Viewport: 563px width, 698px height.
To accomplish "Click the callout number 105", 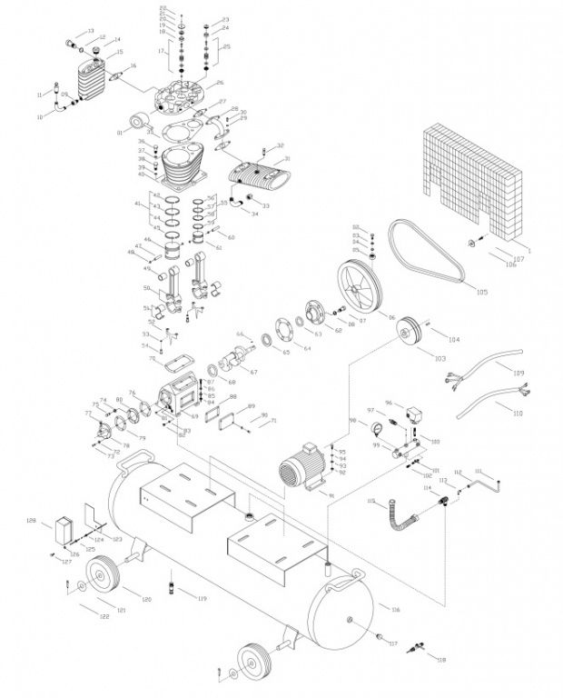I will [x=481, y=293].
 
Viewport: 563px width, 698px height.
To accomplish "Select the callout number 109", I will [x=518, y=374].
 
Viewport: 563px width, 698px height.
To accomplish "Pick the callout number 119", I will [x=202, y=599].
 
